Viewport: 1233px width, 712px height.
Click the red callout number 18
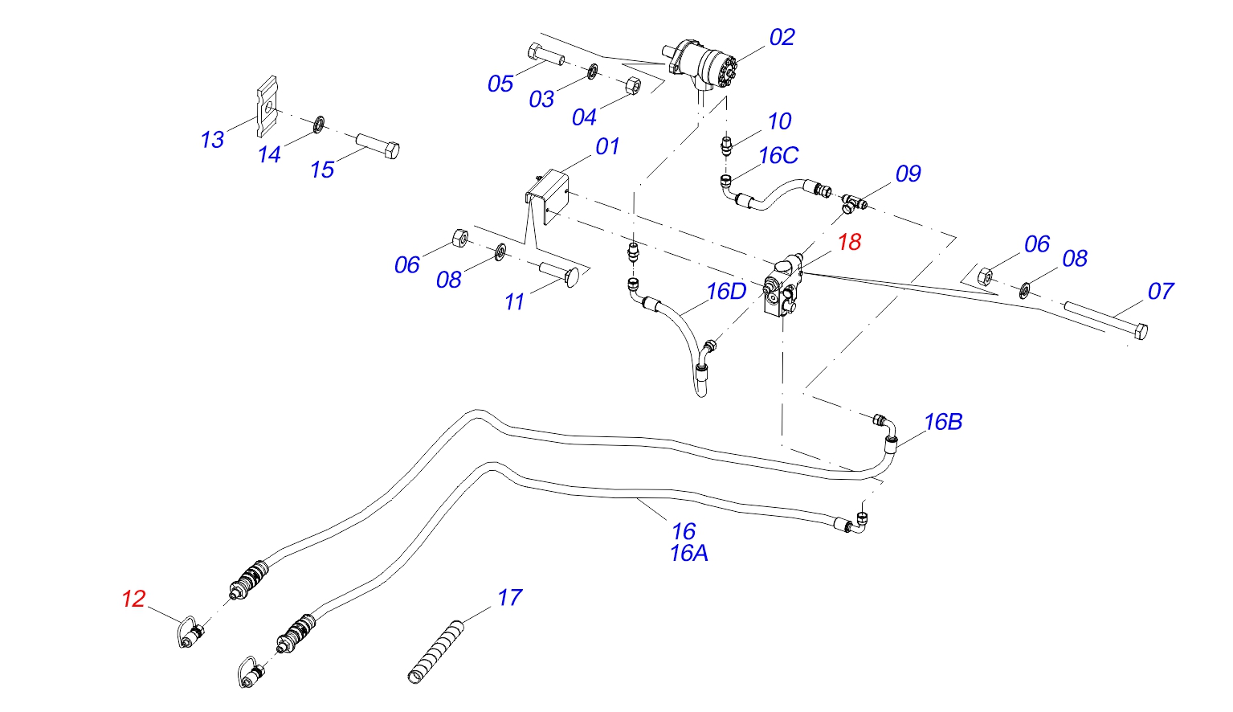click(x=849, y=242)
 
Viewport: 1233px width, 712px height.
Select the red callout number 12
click(x=133, y=599)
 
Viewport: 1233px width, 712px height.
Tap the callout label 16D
click(x=726, y=292)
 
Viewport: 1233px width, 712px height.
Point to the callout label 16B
click(x=943, y=422)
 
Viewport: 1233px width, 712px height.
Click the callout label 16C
click(x=778, y=156)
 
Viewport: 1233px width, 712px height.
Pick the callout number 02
click(x=782, y=38)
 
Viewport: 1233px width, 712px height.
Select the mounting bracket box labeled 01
click(x=547, y=195)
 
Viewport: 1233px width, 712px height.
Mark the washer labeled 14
click(x=319, y=125)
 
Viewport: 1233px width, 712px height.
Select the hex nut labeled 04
click(x=632, y=85)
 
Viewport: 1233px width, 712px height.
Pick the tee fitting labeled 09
click(x=854, y=201)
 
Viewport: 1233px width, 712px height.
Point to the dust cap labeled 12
click(x=191, y=634)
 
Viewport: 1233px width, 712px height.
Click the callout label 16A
click(x=688, y=554)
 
